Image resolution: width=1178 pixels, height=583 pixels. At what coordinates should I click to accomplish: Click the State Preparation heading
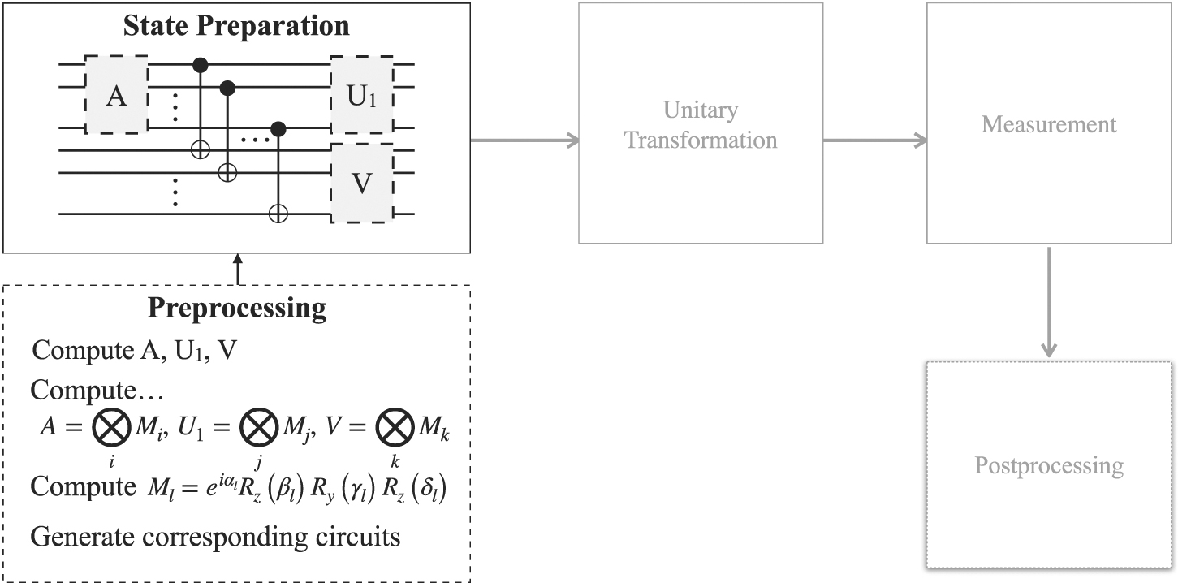point(236,26)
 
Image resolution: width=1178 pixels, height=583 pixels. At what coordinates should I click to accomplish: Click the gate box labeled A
point(117,95)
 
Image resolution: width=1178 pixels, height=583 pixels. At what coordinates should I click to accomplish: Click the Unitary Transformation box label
point(700,124)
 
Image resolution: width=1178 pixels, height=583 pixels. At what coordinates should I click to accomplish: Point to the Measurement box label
point(1048,124)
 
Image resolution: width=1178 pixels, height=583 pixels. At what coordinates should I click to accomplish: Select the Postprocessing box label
point(1049,466)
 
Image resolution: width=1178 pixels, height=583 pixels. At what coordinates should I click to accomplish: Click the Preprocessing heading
point(236,309)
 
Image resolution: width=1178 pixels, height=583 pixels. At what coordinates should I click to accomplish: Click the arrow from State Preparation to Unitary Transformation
point(524,140)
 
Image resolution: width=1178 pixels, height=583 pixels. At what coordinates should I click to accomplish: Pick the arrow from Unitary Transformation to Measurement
point(874,140)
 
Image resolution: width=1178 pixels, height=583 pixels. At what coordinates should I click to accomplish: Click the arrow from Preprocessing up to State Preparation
point(237,270)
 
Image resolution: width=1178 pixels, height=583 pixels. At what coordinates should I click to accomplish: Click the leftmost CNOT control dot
point(202,63)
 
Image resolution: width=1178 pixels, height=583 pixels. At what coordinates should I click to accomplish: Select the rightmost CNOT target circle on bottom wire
point(278,214)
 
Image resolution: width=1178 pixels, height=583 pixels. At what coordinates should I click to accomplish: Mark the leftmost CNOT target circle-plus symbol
point(202,149)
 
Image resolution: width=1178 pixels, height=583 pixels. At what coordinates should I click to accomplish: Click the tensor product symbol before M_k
point(395,430)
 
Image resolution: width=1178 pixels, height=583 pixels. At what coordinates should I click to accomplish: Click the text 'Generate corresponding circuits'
point(216,538)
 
